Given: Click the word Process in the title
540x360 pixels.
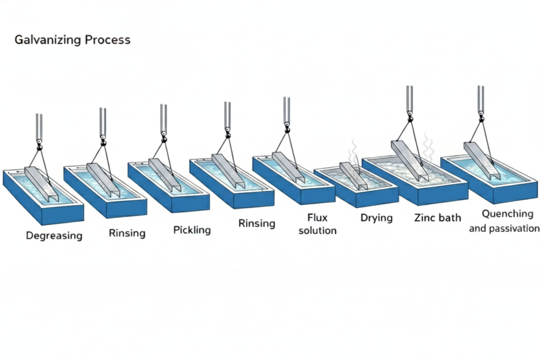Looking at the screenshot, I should tap(106, 40).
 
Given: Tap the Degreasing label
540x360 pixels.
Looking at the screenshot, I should tap(54, 236).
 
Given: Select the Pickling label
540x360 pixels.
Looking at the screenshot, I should tap(192, 230).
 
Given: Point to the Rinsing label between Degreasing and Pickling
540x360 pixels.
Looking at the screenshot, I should tap(127, 232).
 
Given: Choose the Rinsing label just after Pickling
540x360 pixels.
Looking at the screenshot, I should tap(257, 223).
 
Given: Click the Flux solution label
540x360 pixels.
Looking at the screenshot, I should tap(317, 223).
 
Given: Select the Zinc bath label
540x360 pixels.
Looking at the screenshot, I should tap(437, 217).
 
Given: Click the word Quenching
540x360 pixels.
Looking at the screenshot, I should tap(508, 213).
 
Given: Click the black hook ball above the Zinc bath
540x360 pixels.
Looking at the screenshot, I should tap(409, 113).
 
